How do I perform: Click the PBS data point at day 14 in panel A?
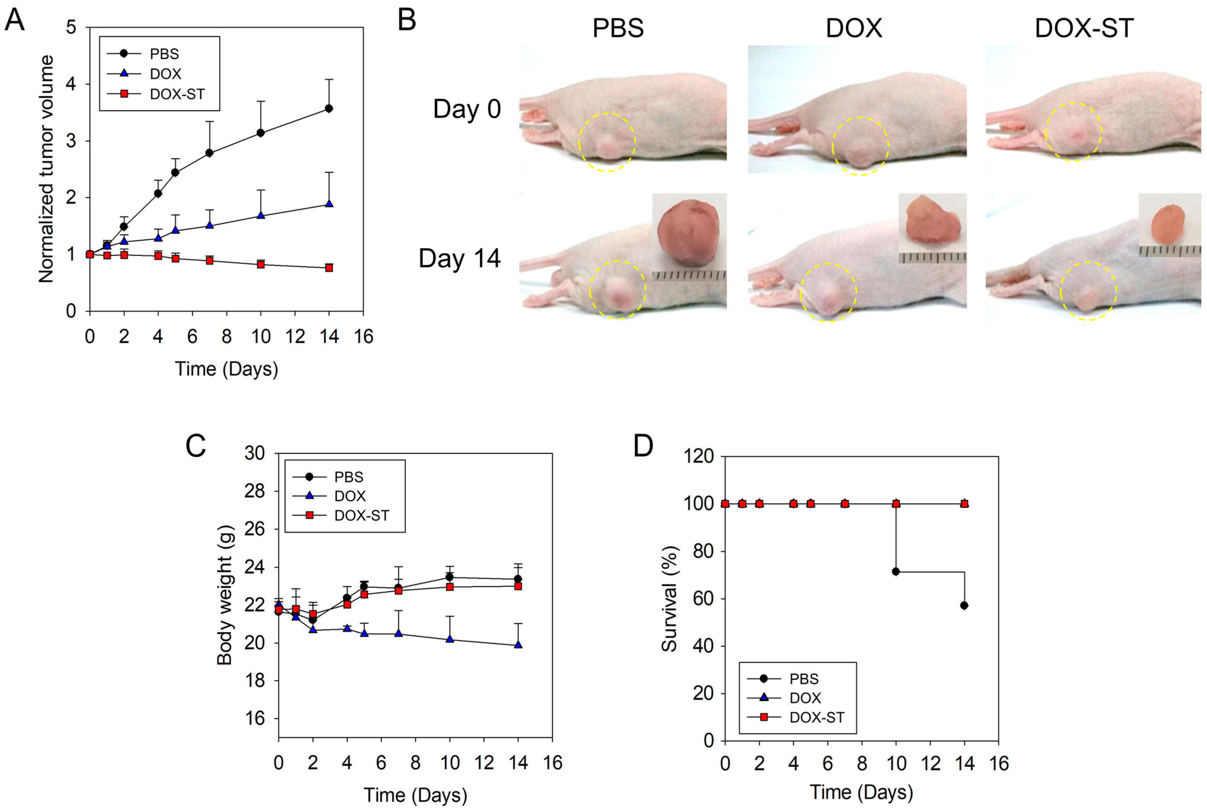click(x=329, y=109)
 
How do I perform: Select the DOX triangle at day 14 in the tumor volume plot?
click(x=329, y=204)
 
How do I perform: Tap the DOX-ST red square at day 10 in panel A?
click(x=261, y=264)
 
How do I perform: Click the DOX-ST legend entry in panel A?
click(x=177, y=94)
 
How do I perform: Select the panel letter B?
click(x=407, y=21)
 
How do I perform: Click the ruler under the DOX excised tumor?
click(x=932, y=257)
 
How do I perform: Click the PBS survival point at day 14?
click(x=964, y=605)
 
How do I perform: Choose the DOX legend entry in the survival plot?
click(x=805, y=698)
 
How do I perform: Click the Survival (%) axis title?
click(x=670, y=598)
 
